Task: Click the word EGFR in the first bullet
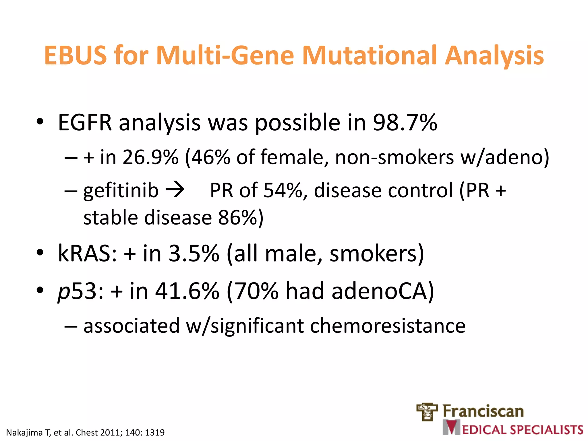(85, 123)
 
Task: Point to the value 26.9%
(150, 158)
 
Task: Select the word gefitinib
(121, 191)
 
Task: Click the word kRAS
(87, 254)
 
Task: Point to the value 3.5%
(194, 254)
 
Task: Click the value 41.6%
(187, 291)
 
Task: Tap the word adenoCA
(379, 291)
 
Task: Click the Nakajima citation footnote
(85, 432)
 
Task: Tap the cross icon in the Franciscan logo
(427, 412)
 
